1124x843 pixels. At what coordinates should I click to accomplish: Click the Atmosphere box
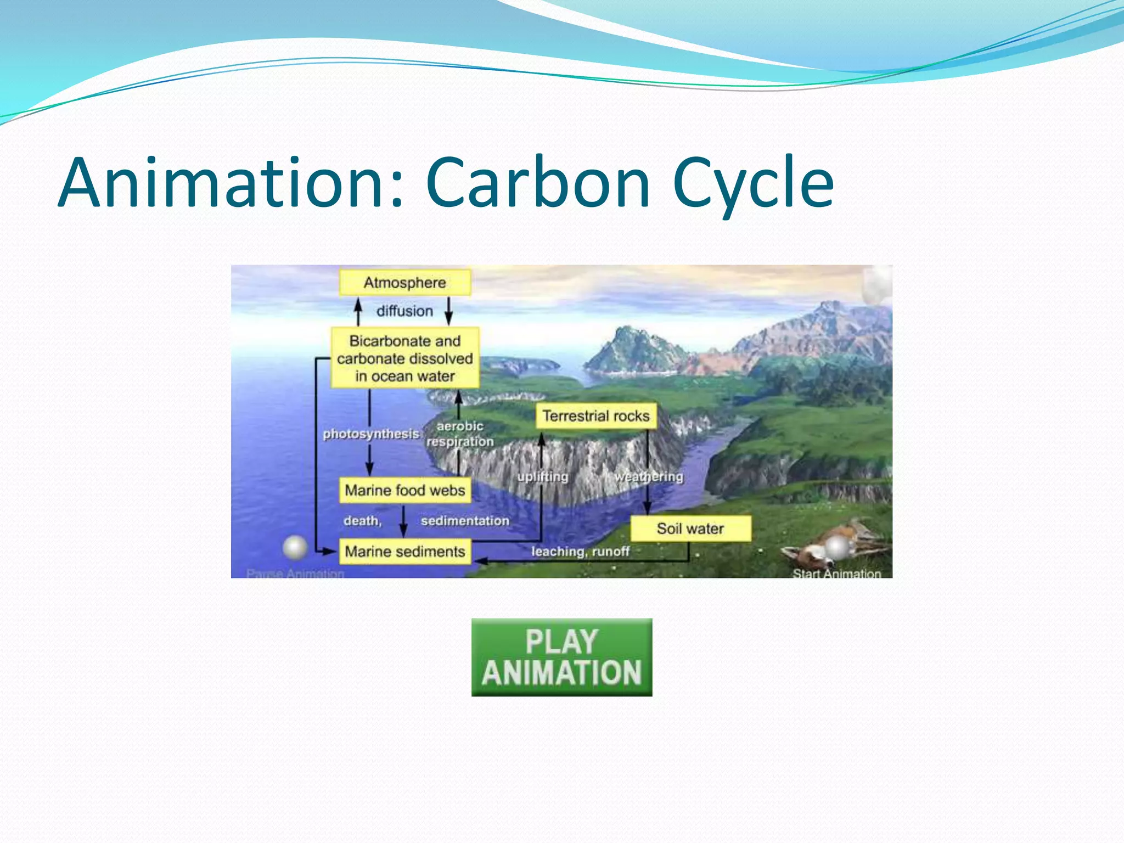pyautogui.click(x=404, y=283)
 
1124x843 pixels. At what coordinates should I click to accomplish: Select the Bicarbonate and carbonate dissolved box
pyautogui.click(x=404, y=358)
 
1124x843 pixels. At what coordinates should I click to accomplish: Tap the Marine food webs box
pyautogui.click(x=404, y=490)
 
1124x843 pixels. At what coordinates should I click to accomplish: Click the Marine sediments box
pyautogui.click(x=404, y=551)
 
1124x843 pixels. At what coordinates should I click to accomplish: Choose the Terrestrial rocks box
pyautogui.click(x=595, y=416)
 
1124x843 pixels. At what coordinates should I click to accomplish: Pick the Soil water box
pyautogui.click(x=690, y=529)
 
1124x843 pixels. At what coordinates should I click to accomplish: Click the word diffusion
pyautogui.click(x=404, y=311)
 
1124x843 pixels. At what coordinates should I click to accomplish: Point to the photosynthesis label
pyautogui.click(x=370, y=434)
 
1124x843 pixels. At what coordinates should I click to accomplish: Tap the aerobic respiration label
pyautogui.click(x=460, y=434)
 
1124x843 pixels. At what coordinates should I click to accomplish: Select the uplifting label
pyautogui.click(x=542, y=476)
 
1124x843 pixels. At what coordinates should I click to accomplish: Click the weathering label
pyautogui.click(x=649, y=476)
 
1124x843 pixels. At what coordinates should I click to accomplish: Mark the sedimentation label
pyautogui.click(x=465, y=520)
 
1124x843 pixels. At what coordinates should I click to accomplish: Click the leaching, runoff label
pyautogui.click(x=580, y=551)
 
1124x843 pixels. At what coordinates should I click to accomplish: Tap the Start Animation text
pyautogui.click(x=836, y=574)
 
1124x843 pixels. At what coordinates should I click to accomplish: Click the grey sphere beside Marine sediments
pyautogui.click(x=295, y=547)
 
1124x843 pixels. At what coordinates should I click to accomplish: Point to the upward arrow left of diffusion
pyautogui.click(x=358, y=311)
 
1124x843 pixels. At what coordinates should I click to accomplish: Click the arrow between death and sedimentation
pyautogui.click(x=403, y=521)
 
